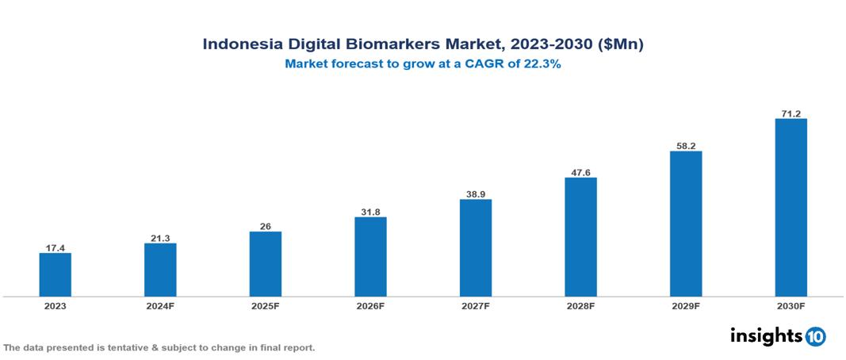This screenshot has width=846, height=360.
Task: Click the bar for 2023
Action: tap(56, 274)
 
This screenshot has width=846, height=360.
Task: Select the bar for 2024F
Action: tap(160, 270)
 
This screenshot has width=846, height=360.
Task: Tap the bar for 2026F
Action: tap(370, 256)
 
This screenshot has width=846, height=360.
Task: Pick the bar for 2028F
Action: tap(580, 236)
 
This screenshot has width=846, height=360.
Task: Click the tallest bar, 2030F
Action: tap(790, 208)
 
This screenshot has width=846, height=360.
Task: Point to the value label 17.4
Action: tap(56, 247)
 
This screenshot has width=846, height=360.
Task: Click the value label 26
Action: tap(266, 226)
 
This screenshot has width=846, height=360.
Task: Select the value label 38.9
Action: tap(476, 193)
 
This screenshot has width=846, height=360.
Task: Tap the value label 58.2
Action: tap(686, 145)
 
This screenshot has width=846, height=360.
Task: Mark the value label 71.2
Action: tap(790, 113)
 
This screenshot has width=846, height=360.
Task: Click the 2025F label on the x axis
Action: tap(266, 305)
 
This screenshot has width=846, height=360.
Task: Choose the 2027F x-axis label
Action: tap(476, 305)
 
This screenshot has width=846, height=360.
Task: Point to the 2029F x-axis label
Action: tap(686, 305)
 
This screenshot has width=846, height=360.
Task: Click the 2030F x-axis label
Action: tap(790, 305)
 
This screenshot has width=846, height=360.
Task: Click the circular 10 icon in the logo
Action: tap(815, 337)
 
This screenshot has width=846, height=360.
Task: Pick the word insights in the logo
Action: tap(766, 335)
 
